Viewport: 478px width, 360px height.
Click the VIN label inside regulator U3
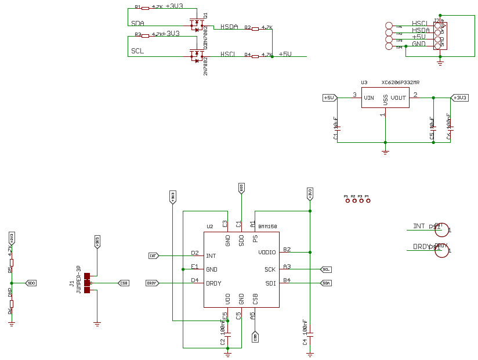[x=369, y=98]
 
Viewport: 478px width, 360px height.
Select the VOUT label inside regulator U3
[x=399, y=98]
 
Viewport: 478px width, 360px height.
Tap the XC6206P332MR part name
[x=401, y=83]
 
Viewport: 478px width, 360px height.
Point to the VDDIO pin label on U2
[x=267, y=253]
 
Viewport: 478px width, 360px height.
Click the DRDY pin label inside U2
[x=214, y=283]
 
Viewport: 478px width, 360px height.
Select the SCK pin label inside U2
[x=270, y=269]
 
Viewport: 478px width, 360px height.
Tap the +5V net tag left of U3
[x=329, y=98]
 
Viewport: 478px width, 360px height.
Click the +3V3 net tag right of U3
[x=460, y=98]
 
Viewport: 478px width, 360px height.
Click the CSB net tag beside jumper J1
[x=123, y=283]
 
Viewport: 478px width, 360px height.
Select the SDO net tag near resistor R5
[x=31, y=283]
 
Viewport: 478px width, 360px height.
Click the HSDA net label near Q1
[x=229, y=27]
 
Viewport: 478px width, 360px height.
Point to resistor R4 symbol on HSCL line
[x=256, y=55]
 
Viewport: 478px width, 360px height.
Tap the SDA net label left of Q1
[x=137, y=23]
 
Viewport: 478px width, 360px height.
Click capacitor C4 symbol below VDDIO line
[x=310, y=334]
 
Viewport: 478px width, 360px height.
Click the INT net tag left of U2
[x=153, y=255]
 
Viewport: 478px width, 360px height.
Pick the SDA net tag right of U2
[x=326, y=283]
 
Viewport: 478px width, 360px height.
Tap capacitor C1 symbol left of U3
[x=339, y=128]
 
